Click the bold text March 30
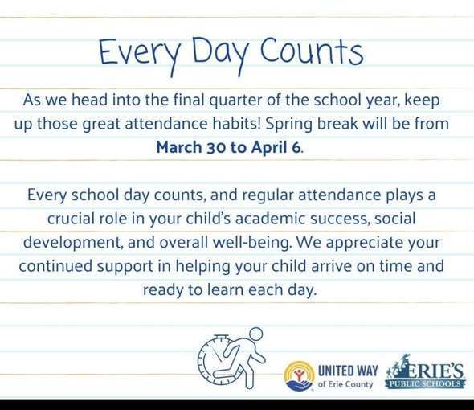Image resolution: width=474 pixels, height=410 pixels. [x=190, y=147]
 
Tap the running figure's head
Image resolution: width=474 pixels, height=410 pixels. [x=255, y=334]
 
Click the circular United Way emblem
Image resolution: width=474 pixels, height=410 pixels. [x=300, y=375]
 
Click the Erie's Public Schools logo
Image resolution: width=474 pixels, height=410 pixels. [x=427, y=374]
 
